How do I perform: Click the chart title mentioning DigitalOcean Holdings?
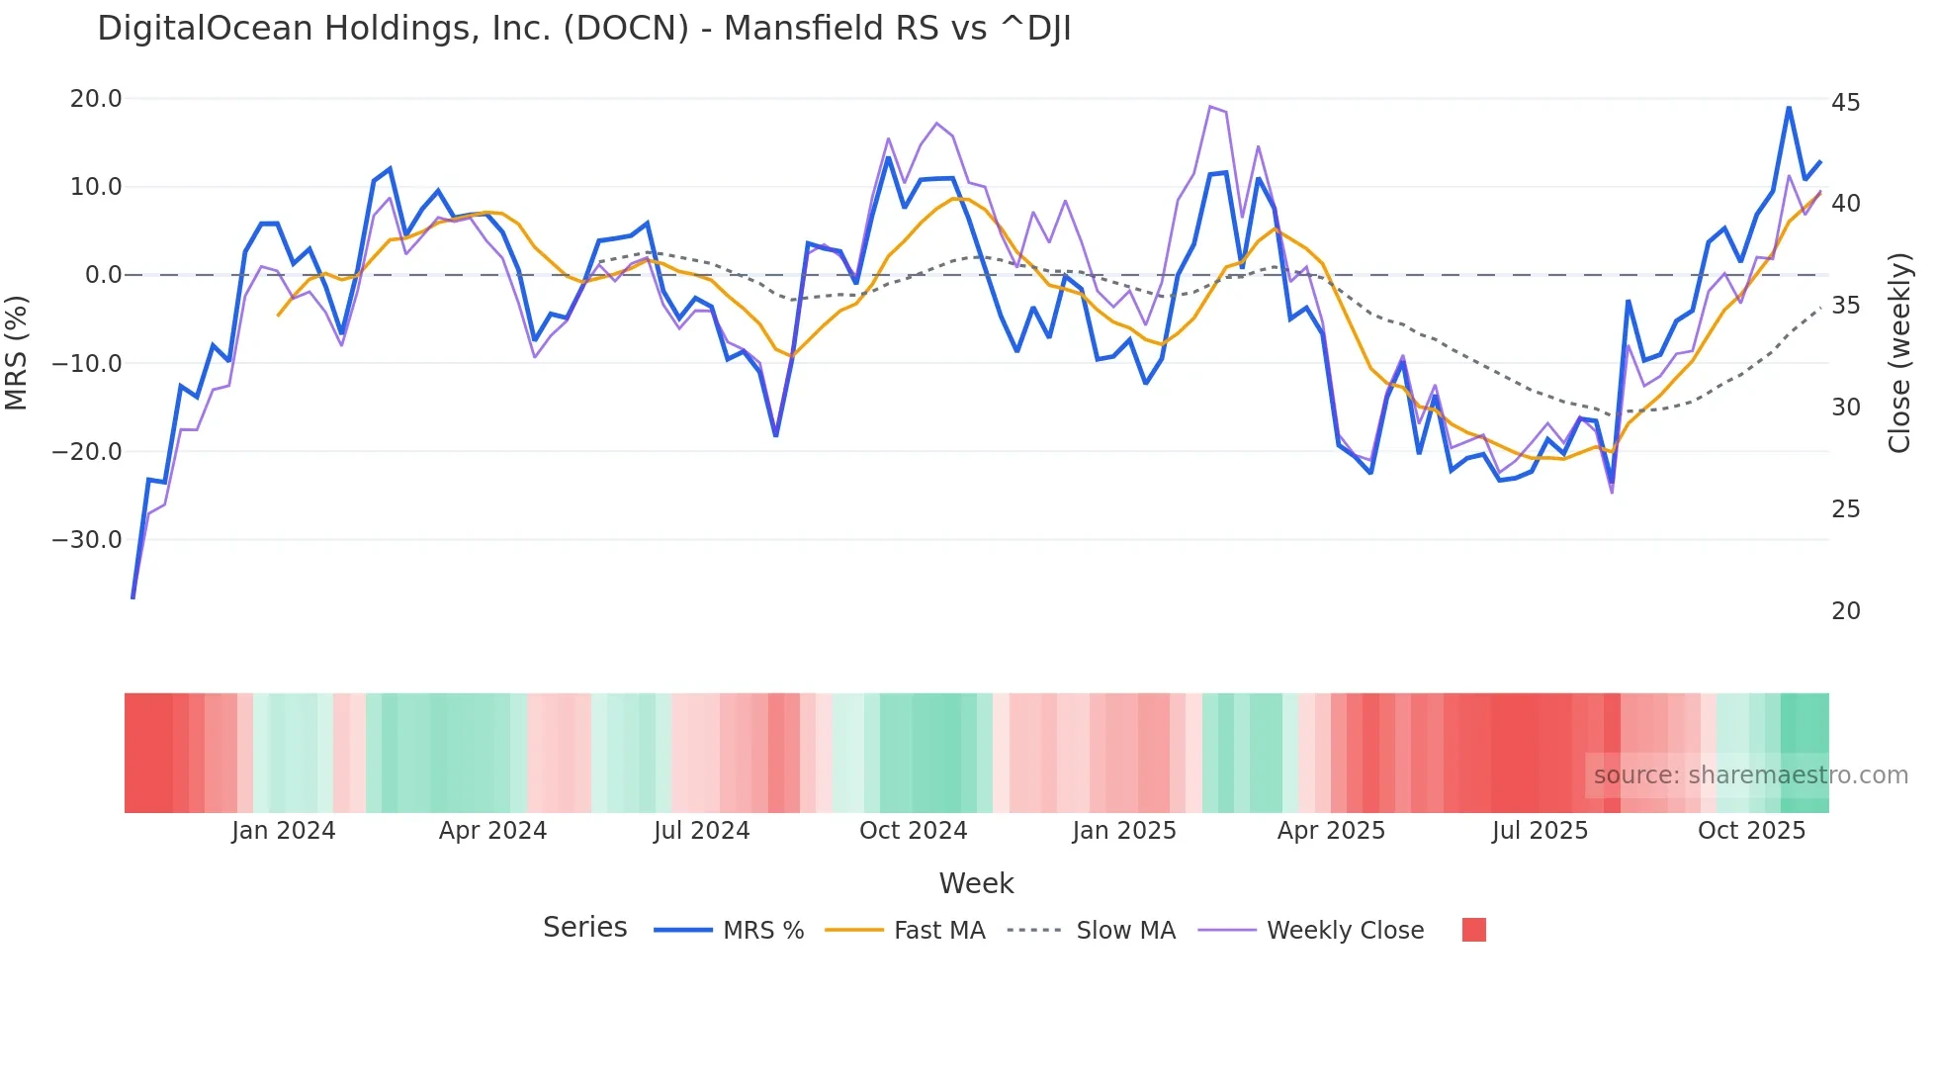click(583, 28)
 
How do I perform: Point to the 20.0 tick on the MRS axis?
click(96, 99)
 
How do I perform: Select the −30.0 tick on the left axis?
click(87, 540)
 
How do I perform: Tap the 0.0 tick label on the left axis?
click(104, 275)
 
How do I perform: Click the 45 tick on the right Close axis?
click(1845, 103)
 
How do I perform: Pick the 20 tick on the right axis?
click(1845, 611)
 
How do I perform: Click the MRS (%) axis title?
click(17, 353)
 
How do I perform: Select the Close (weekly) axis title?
click(1898, 353)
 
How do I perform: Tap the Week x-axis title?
click(976, 883)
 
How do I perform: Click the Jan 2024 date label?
click(284, 831)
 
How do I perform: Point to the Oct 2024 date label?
click(913, 831)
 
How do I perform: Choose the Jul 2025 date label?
click(1540, 831)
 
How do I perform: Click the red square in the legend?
click(1473, 930)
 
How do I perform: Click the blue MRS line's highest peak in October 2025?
click(1789, 108)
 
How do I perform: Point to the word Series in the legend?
click(584, 928)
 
